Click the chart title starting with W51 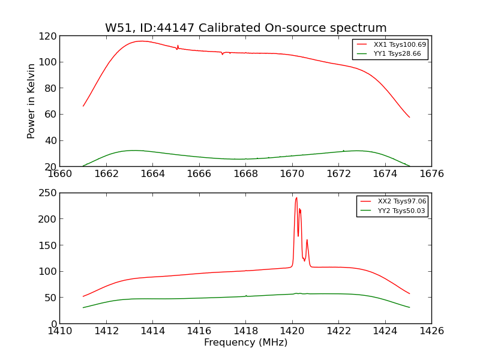245,28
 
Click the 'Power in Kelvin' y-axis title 31,101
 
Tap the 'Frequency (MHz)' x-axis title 245,343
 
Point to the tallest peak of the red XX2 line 296,197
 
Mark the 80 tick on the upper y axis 51,88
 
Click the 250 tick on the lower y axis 49,193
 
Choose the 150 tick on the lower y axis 49,245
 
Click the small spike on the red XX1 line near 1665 178,46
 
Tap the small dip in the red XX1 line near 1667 223,54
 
